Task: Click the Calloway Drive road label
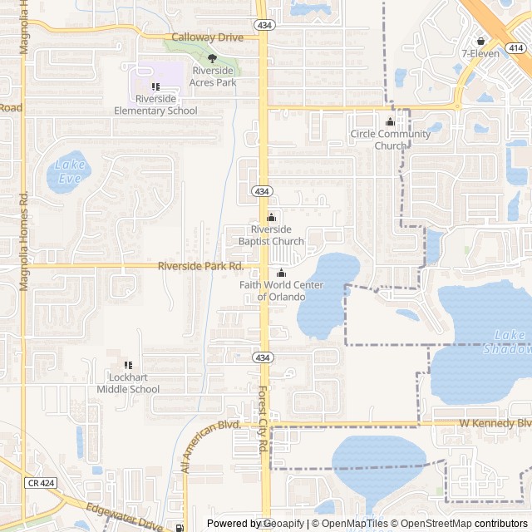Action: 207,37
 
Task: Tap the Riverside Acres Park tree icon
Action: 212,58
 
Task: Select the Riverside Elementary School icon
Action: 155,87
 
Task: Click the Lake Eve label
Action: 70,170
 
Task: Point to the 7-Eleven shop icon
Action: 480,41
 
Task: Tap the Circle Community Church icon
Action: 390,122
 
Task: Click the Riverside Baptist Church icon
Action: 270,218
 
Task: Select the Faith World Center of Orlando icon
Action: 281,273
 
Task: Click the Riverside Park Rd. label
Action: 201,266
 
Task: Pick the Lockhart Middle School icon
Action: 128,365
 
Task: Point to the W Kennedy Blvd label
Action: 495,423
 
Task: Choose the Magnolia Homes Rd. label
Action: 23,241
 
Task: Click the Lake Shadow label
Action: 509,342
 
